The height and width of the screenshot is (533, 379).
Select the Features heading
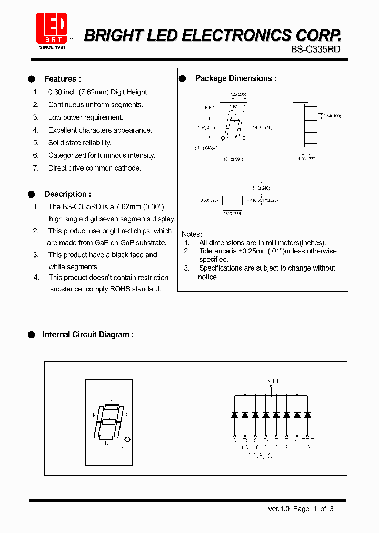63,79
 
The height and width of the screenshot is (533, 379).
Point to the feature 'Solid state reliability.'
79,143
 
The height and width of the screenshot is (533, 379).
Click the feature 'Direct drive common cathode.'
95,168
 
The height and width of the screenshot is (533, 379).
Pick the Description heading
67,194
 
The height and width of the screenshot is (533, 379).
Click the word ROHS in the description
120,289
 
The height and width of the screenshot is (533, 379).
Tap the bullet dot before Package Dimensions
183,78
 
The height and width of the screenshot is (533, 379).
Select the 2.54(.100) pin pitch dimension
332,115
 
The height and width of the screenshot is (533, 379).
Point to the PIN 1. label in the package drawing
211,107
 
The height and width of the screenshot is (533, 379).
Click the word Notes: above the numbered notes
192,234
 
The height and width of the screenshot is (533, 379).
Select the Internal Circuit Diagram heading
88,334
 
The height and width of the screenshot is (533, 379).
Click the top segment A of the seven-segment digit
111,407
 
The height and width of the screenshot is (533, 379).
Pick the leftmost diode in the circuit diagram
234,415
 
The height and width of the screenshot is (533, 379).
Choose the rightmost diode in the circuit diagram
307,415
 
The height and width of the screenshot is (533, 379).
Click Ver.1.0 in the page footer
279,509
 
